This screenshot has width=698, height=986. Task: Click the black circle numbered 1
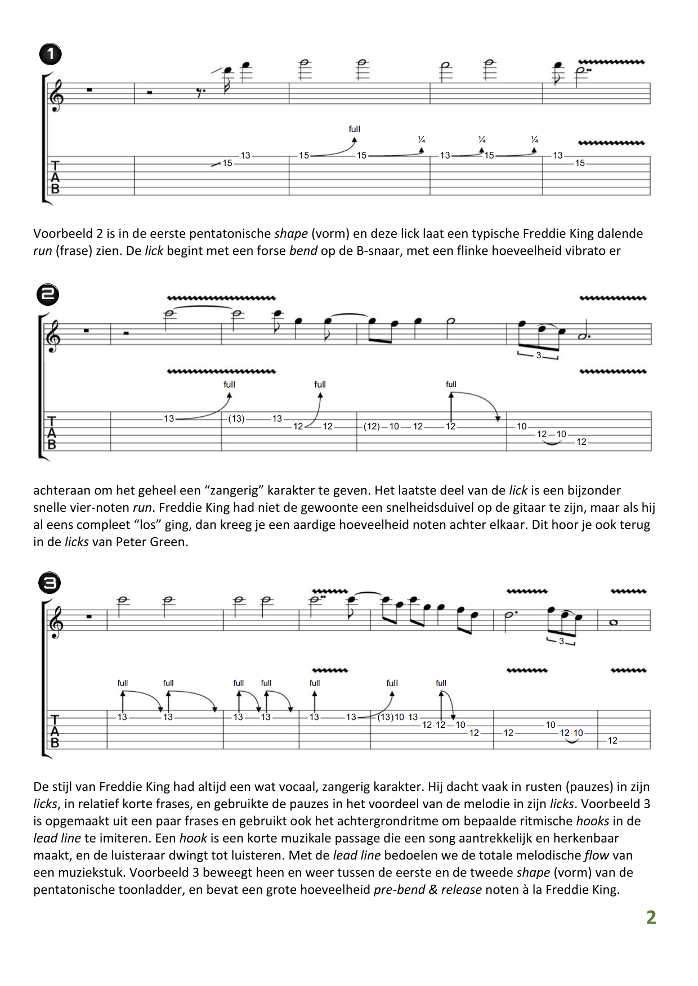50,55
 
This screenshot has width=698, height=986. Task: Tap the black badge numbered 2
48,295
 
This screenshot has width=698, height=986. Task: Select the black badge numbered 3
50,583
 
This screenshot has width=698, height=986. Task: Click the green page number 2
651,917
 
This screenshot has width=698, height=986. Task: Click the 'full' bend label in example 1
354,129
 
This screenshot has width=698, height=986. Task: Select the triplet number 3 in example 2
538,355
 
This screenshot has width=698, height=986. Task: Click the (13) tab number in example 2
236,419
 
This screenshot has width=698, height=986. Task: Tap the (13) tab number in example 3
386,717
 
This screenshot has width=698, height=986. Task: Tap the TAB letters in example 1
55,177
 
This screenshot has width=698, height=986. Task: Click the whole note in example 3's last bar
614,622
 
